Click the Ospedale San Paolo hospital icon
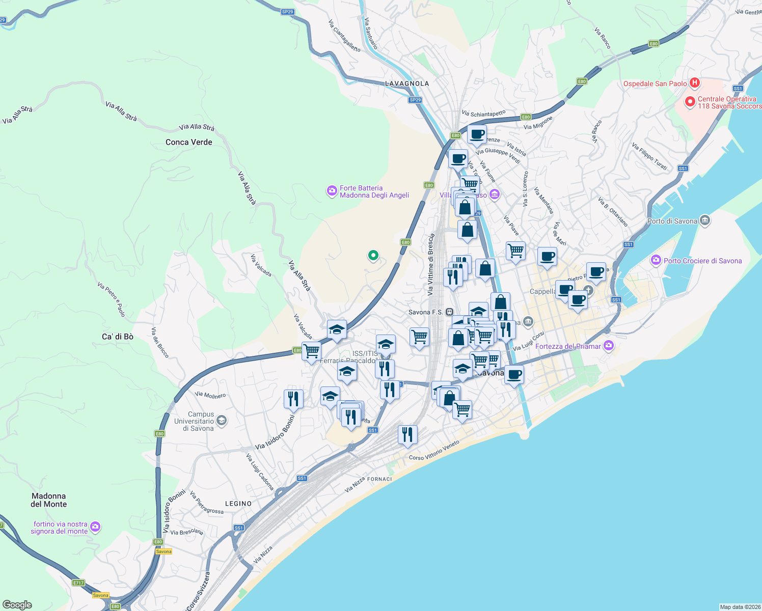pos(694,83)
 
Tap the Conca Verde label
pos(189,142)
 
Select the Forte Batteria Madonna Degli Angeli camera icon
pos(332,191)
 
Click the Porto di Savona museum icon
pos(705,220)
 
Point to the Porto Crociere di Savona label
pos(702,261)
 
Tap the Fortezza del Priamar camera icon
pos(608,346)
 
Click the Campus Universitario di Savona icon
pos(221,421)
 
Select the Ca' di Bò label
pos(118,337)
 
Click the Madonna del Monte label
pos(49,500)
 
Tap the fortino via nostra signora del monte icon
pos(95,527)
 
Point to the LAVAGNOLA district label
pos(407,84)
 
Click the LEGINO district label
pos(238,504)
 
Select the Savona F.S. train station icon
pos(449,312)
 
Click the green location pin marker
pos(373,256)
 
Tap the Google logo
pos(17,605)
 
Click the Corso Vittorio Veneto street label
pos(434,451)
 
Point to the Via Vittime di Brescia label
pos(431,265)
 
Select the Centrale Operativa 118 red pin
pos(690,102)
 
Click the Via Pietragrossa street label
pos(206,503)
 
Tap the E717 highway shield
pos(78,582)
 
